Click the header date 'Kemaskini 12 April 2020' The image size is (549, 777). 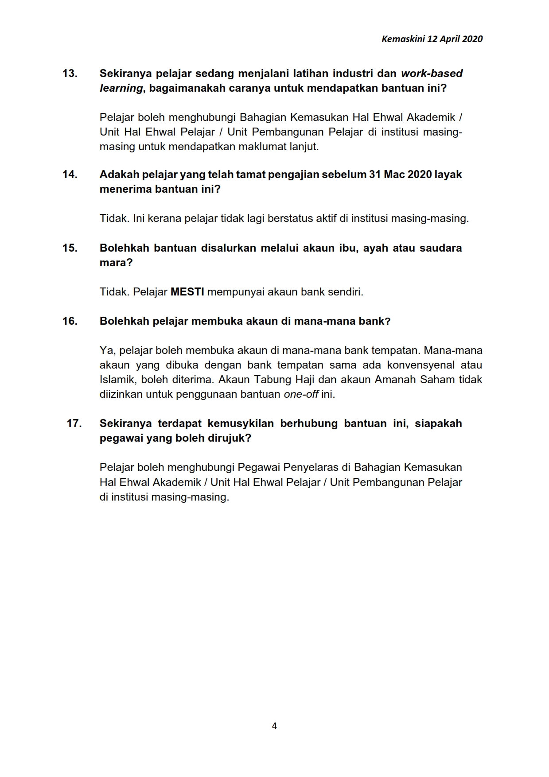pyautogui.click(x=432, y=39)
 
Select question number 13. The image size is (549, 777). pyautogui.click(x=70, y=74)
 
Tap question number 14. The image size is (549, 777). pyautogui.click(x=70, y=175)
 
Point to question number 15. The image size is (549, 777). pyautogui.click(x=70, y=248)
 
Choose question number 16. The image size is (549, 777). pyautogui.click(x=70, y=321)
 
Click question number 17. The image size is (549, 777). pyautogui.click(x=74, y=423)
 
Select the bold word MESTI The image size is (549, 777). pyautogui.click(x=187, y=292)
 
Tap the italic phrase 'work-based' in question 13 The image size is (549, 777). pyautogui.click(x=432, y=74)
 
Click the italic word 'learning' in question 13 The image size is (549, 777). pyautogui.click(x=121, y=88)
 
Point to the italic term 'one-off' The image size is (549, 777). pyautogui.click(x=301, y=394)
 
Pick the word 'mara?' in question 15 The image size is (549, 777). pyautogui.click(x=116, y=263)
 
